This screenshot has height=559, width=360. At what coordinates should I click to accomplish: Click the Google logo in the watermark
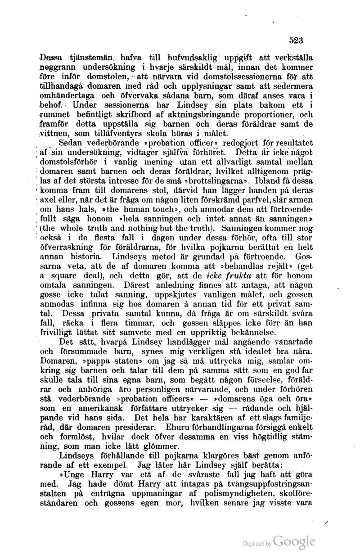coord(294,541)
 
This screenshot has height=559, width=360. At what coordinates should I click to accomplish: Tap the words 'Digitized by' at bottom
coord(257,544)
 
